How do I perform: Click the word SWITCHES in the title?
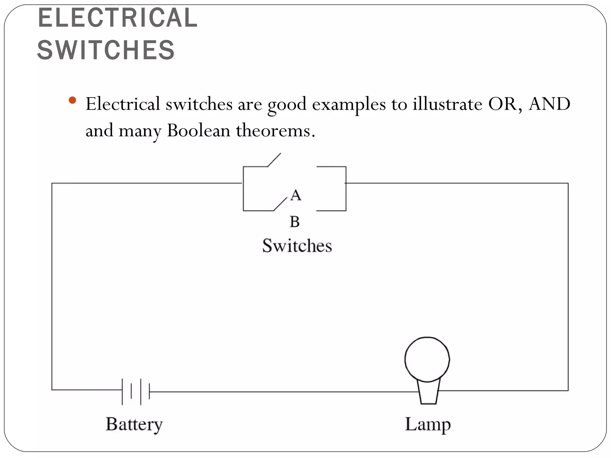(106, 50)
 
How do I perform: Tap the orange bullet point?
(72, 100)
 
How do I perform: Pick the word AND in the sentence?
(550, 104)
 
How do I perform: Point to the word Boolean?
(199, 131)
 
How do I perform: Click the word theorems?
(275, 131)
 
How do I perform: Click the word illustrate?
(448, 104)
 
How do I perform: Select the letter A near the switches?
(296, 196)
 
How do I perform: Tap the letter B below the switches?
(294, 222)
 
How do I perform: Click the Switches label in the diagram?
(297, 246)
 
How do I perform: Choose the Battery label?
(134, 424)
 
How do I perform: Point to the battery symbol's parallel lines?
(136, 391)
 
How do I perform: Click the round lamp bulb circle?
(427, 359)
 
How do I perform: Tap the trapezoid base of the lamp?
(428, 393)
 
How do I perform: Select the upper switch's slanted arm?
(274, 160)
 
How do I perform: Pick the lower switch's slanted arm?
(280, 204)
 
